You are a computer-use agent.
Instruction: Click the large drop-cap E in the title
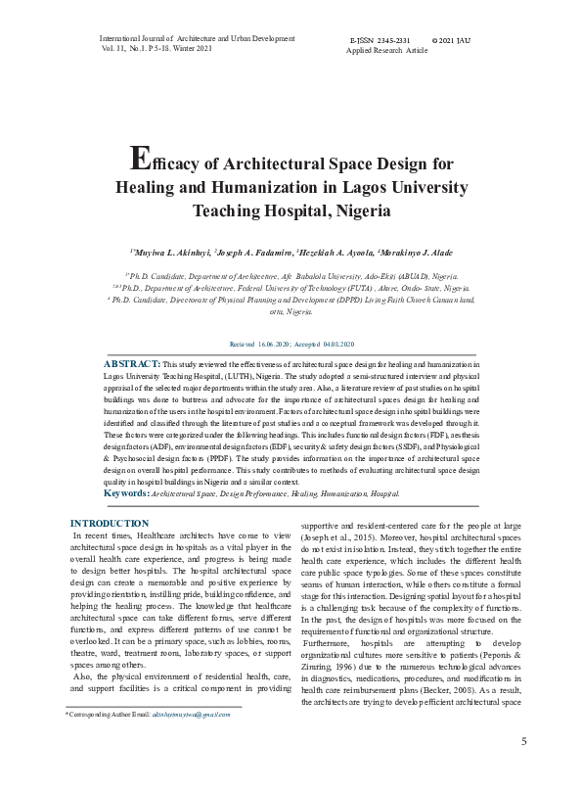pyautogui.click(x=140, y=159)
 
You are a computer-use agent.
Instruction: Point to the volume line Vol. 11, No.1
pyautogui.click(x=128, y=48)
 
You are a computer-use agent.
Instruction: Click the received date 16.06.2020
pyautogui.click(x=276, y=346)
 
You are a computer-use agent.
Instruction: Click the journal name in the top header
pyautogui.click(x=197, y=38)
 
